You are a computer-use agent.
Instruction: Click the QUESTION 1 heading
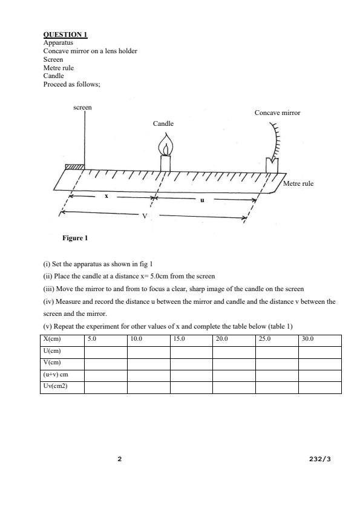[x=65, y=34]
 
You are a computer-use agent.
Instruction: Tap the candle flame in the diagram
[x=165, y=146]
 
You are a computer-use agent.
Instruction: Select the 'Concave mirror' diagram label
[x=277, y=113]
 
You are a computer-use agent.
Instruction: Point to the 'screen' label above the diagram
[x=82, y=107]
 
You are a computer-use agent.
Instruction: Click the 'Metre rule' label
[x=298, y=183]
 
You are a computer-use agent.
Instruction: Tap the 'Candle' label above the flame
[x=163, y=123]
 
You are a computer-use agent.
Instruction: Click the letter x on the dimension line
[x=106, y=196]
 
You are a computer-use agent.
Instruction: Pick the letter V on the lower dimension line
[x=144, y=216]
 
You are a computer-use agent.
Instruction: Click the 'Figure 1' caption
[x=75, y=238]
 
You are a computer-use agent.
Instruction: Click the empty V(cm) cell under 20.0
[x=234, y=363]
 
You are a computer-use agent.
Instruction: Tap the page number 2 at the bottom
[x=119, y=459]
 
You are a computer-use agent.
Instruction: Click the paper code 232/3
[x=319, y=459]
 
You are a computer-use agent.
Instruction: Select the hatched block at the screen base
[x=74, y=166]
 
